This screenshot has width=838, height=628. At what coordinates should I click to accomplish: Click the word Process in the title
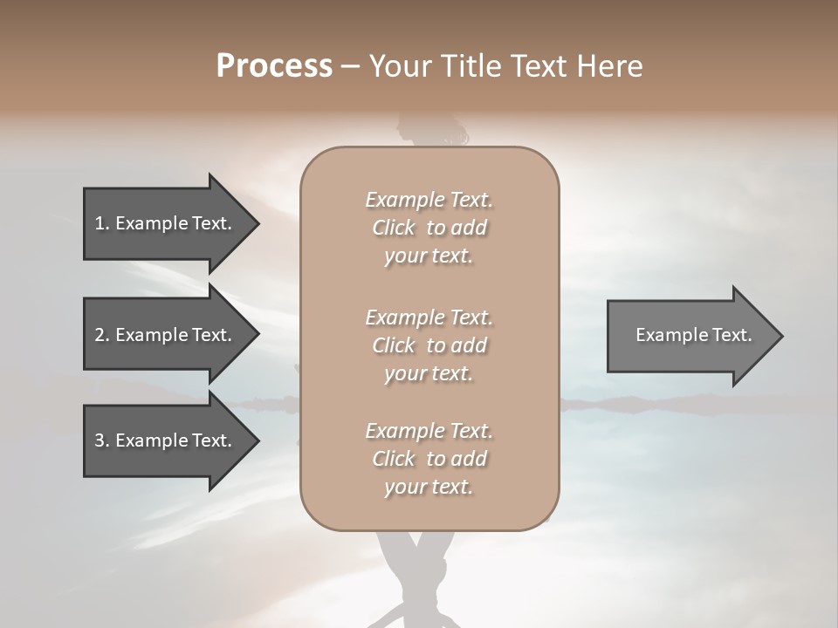(x=274, y=66)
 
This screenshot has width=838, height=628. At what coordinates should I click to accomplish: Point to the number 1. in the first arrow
(x=102, y=223)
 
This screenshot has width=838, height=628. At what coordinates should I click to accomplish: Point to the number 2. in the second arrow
(x=102, y=335)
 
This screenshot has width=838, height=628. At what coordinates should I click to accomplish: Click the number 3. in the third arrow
(x=102, y=440)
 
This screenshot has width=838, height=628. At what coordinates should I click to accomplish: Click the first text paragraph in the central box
(x=429, y=228)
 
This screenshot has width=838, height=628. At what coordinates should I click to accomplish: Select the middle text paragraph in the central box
(x=429, y=345)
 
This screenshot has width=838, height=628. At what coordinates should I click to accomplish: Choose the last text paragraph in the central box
(x=429, y=459)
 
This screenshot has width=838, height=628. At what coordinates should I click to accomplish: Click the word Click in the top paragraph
(x=394, y=228)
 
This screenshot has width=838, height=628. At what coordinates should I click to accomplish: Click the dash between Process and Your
(x=351, y=66)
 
